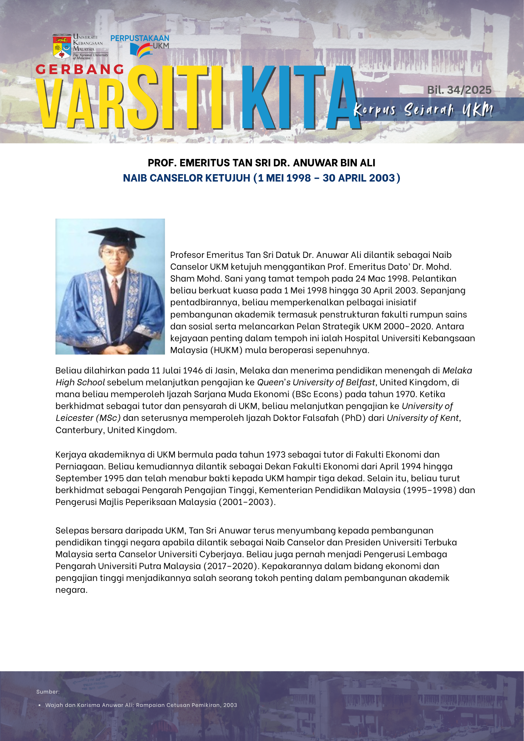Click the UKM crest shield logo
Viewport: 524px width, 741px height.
coord(62,47)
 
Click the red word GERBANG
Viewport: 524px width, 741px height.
coord(80,69)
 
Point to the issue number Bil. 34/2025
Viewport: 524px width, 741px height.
coord(459,90)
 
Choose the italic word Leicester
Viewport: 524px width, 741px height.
coord(74,418)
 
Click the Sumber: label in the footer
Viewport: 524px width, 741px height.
coord(48,692)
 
